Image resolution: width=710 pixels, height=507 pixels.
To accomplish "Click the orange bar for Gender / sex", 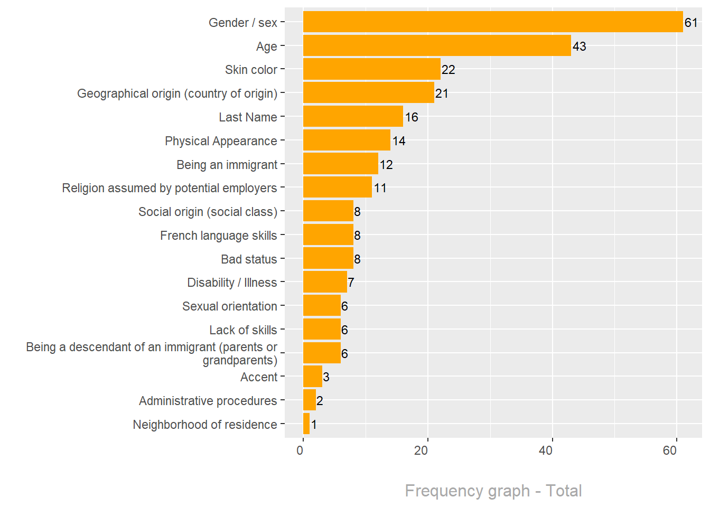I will click(492, 22).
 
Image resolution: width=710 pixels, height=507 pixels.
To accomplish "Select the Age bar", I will click(437, 46).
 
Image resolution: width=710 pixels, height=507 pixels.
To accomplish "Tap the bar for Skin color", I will click(371, 69).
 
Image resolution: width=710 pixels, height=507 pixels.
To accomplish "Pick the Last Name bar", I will click(353, 117).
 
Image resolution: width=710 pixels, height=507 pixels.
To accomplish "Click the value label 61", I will click(691, 23).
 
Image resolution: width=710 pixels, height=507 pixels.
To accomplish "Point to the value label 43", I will click(579, 46).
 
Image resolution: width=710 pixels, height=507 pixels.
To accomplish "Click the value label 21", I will click(442, 93).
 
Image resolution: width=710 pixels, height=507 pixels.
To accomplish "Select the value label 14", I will click(399, 141).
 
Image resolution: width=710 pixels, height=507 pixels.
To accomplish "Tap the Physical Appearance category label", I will click(221, 141).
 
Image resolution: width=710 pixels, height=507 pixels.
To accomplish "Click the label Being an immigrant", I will click(227, 165).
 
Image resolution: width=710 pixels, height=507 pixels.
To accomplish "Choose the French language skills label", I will click(218, 236).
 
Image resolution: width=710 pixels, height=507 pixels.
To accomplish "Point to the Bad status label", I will click(249, 259).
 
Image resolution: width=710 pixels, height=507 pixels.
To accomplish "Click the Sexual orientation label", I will click(229, 306).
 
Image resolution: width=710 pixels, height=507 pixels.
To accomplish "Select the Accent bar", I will click(312, 377).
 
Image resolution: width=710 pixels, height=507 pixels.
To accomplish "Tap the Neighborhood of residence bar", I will click(306, 424).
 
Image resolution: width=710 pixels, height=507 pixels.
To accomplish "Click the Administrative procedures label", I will click(208, 401).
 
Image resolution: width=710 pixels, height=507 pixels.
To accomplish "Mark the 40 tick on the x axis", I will click(546, 450).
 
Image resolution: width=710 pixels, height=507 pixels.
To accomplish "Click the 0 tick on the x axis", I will click(300, 450).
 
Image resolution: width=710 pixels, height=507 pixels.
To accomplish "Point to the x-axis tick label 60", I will click(670, 450).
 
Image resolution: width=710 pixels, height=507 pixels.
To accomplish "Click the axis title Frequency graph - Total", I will click(493, 491).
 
